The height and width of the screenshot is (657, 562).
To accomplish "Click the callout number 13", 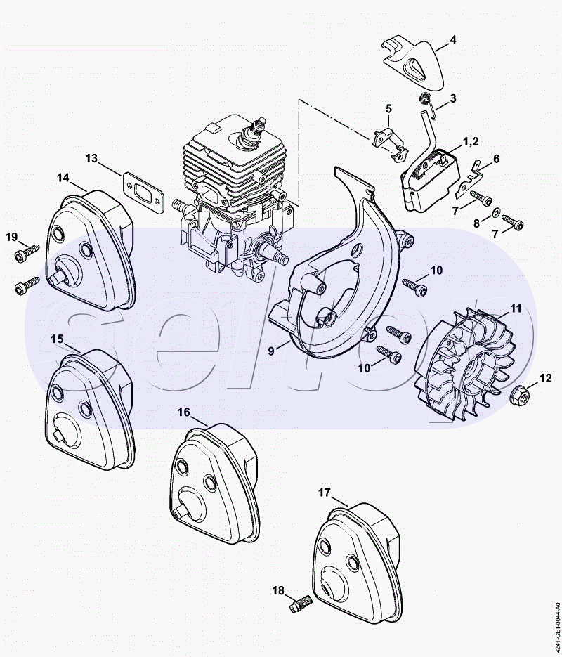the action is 91,158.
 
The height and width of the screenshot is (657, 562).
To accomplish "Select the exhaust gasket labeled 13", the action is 143,193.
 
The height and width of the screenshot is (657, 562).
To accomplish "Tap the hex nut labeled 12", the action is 520,394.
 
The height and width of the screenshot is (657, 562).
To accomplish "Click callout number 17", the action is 324,493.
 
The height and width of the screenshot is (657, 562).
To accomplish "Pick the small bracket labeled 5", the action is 389,144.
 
